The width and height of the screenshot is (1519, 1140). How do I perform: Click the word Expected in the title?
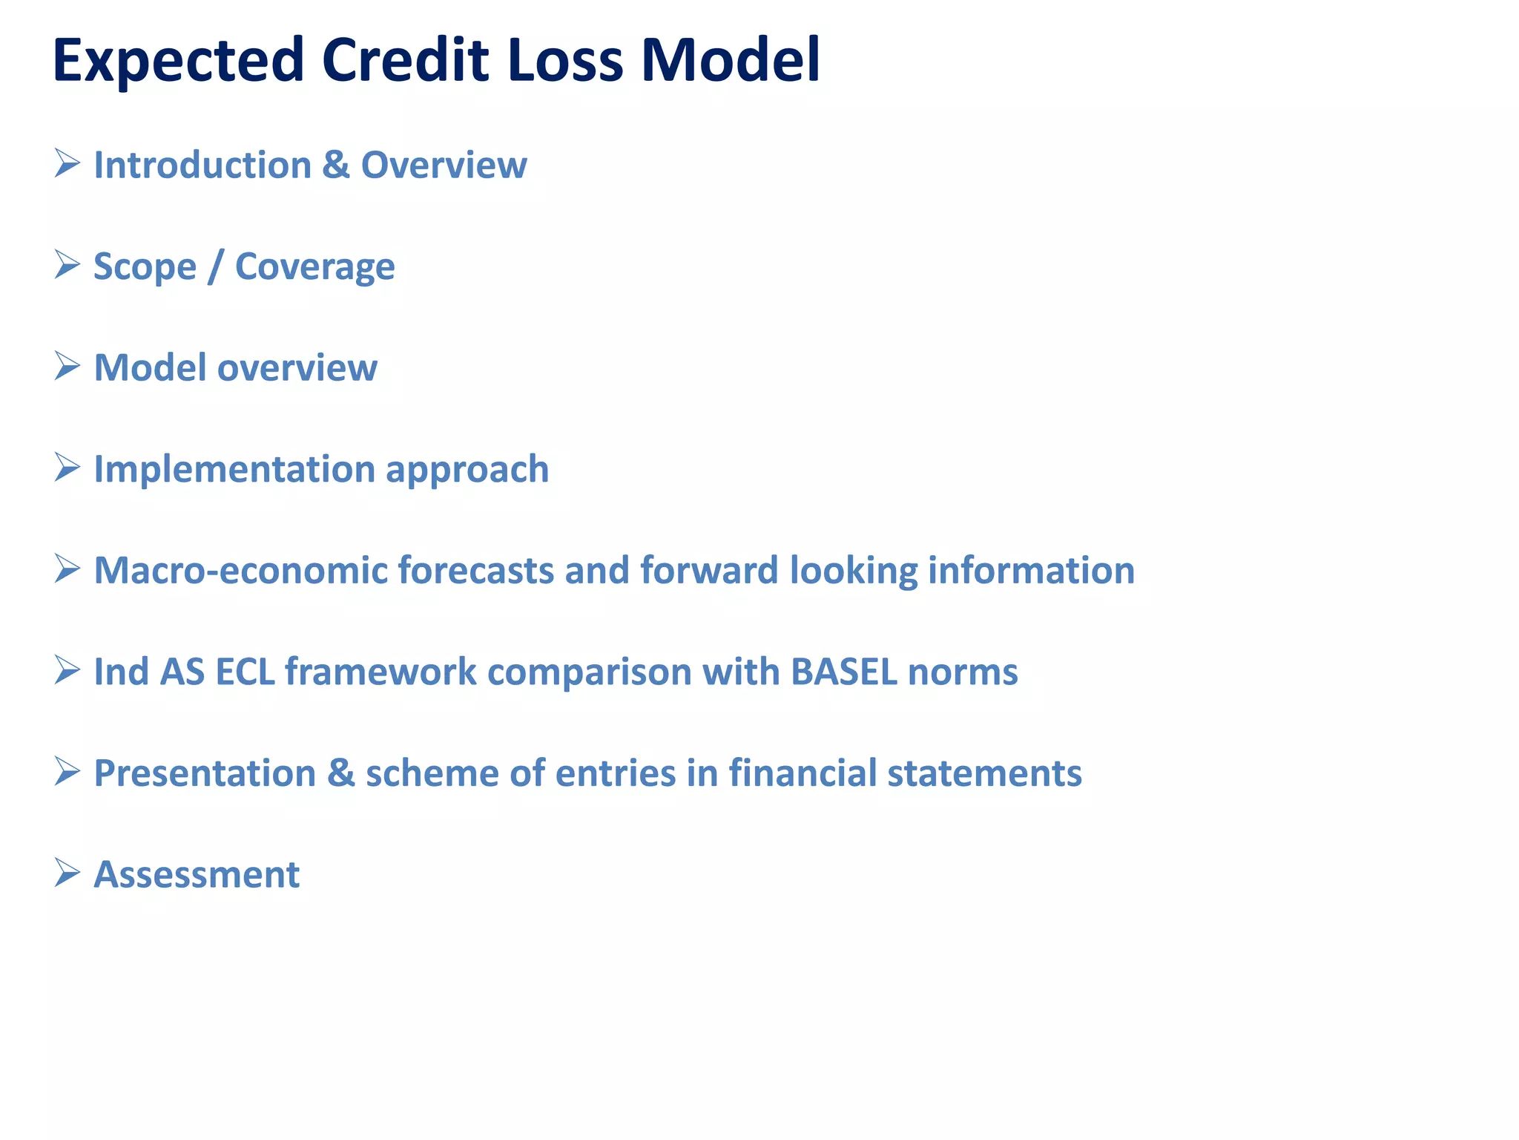click(178, 61)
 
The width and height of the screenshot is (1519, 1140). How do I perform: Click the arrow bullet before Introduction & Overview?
click(67, 163)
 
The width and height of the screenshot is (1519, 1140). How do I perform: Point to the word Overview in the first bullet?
click(444, 165)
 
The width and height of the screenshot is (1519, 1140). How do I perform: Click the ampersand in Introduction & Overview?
click(335, 165)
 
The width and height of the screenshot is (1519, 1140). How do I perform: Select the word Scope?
click(145, 267)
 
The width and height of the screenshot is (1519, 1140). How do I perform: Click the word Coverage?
click(314, 267)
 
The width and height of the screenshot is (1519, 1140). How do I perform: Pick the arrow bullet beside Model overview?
click(67, 367)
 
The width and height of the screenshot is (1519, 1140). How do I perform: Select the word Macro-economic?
click(240, 571)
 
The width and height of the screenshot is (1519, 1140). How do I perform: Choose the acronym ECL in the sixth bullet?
click(245, 672)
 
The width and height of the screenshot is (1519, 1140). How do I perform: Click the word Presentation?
click(205, 773)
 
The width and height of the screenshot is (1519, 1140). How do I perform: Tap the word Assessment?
click(197, 874)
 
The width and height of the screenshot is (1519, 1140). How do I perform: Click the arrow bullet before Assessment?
click(67, 873)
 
